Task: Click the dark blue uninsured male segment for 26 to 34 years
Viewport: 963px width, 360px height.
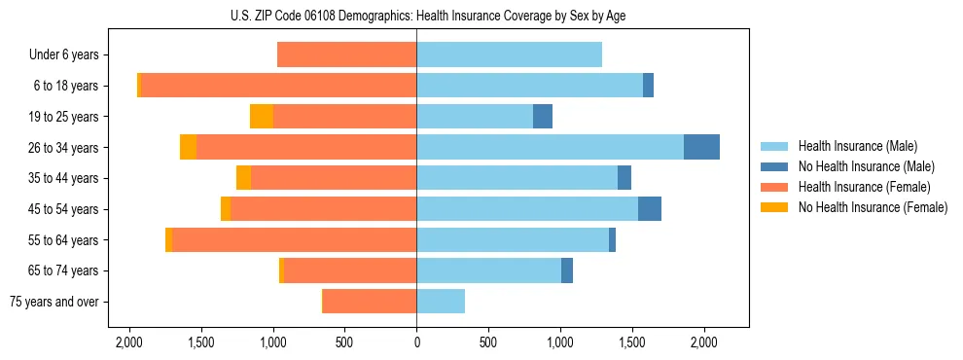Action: pos(701,147)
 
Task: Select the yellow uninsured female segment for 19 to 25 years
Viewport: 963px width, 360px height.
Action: pos(262,117)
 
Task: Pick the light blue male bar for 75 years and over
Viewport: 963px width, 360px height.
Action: pos(441,302)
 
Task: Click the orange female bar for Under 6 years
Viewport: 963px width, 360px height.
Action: pos(346,55)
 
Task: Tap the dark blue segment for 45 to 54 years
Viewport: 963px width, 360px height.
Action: pos(650,209)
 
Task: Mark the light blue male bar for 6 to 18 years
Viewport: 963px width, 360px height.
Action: pos(529,86)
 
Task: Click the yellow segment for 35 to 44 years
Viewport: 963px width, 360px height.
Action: pos(243,178)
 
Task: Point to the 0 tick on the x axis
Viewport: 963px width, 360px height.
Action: pos(416,342)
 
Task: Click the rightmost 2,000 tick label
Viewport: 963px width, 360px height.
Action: pos(704,342)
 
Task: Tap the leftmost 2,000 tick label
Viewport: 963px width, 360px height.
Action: pos(129,342)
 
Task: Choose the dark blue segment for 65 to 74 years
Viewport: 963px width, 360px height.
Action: pos(567,270)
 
